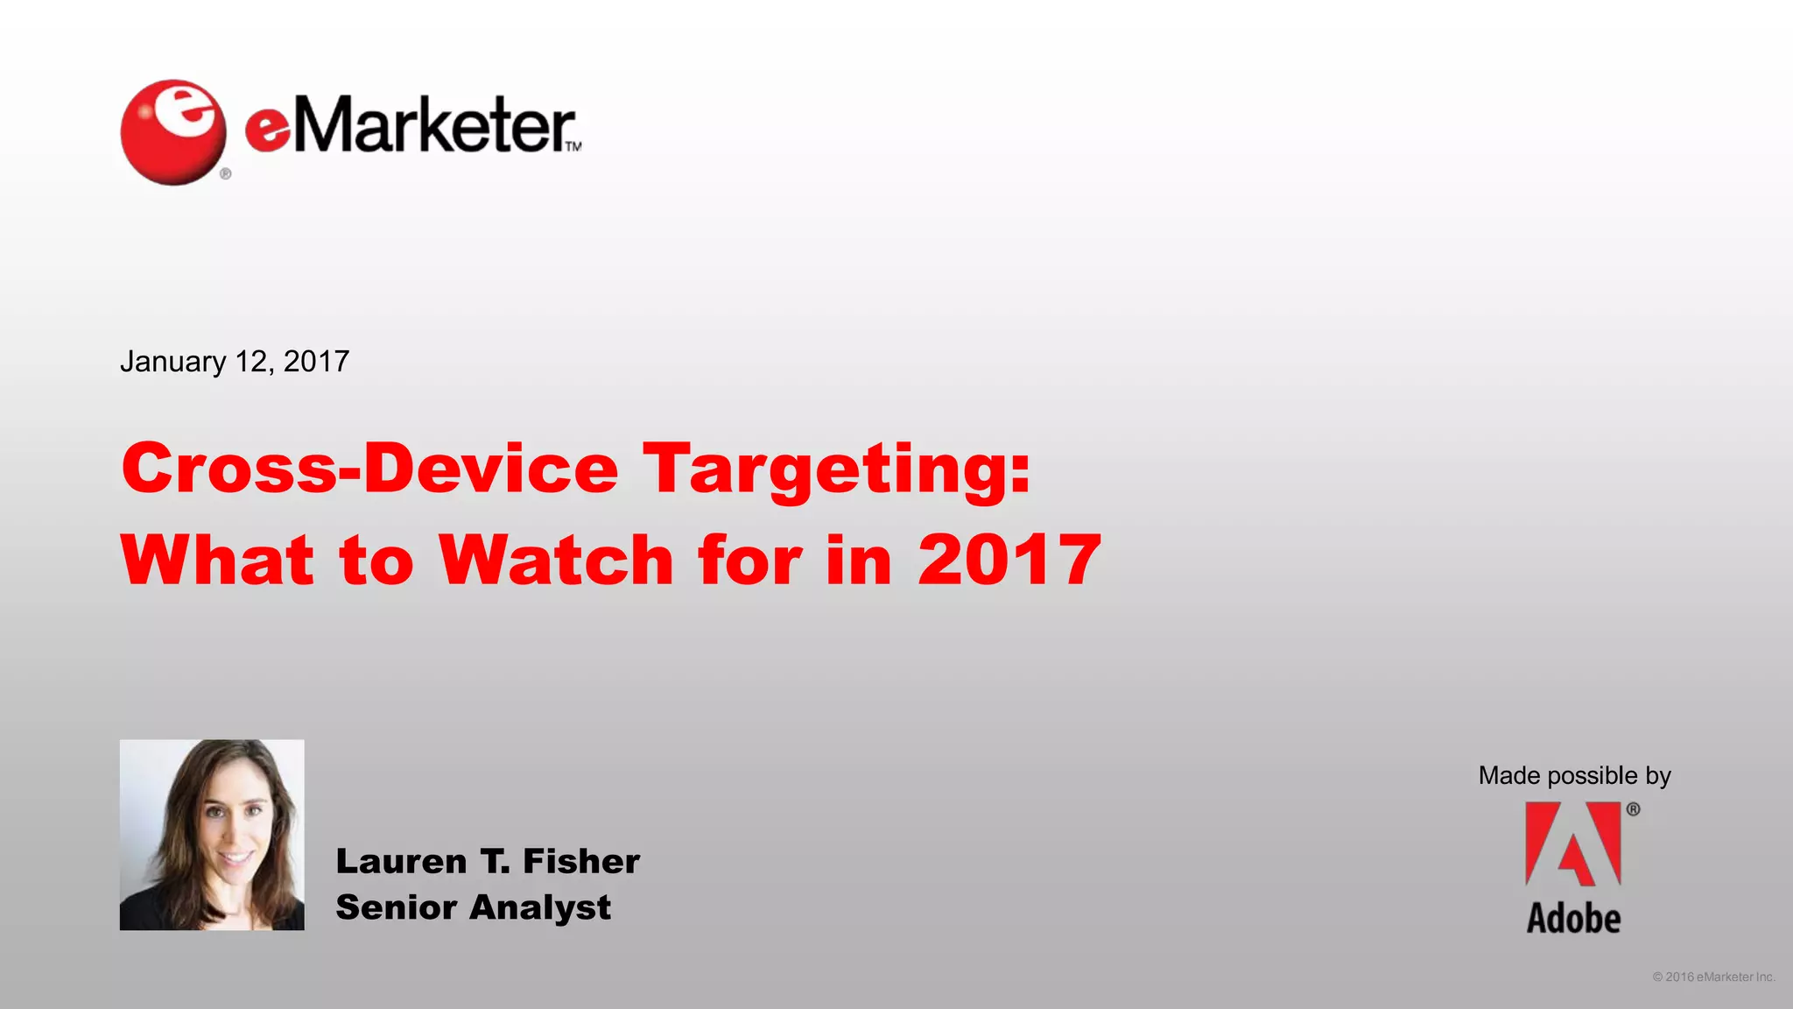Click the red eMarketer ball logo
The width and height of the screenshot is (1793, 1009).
click(x=172, y=132)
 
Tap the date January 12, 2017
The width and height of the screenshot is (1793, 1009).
click(x=235, y=362)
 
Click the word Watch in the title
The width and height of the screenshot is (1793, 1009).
click(x=556, y=560)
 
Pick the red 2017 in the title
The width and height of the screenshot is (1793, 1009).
click(x=1009, y=560)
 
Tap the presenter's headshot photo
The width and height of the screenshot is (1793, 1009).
click(x=212, y=835)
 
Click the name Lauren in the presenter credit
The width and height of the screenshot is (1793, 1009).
click(x=401, y=862)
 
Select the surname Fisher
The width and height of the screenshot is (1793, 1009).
click(x=581, y=862)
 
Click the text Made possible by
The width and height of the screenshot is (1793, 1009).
click(x=1574, y=775)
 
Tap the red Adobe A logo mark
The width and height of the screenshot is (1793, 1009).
click(x=1573, y=844)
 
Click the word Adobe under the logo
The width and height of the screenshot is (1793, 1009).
click(x=1573, y=919)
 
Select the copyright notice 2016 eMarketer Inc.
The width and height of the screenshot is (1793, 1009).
click(x=1713, y=977)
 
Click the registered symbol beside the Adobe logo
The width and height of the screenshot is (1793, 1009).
click(x=1633, y=809)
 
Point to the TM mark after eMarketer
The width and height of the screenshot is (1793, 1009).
click(x=573, y=146)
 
